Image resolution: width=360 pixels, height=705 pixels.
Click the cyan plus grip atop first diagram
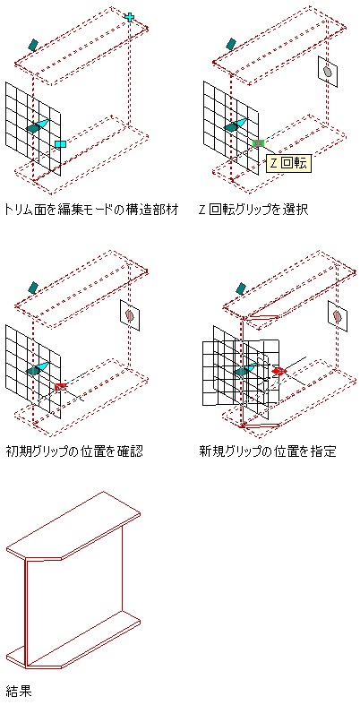[130, 17]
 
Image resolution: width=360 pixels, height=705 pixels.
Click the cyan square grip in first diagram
[61, 144]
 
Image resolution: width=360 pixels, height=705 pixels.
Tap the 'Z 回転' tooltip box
[289, 163]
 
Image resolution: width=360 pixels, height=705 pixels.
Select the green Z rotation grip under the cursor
[258, 143]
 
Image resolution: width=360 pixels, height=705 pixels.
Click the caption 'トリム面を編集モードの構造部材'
[90, 209]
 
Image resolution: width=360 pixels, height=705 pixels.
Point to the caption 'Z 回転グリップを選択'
[253, 209]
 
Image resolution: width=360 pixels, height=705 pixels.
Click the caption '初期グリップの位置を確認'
[74, 451]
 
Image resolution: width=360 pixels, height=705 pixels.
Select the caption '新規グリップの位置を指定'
[268, 451]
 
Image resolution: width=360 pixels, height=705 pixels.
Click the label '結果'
[19, 691]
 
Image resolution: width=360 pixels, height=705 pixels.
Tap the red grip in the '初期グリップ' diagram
[61, 386]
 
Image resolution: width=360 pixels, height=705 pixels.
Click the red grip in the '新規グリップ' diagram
[279, 371]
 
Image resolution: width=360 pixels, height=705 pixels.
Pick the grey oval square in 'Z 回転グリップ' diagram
[328, 72]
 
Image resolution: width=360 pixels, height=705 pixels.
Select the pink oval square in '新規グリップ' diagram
[337, 316]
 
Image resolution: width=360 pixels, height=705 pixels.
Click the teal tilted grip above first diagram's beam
[33, 44]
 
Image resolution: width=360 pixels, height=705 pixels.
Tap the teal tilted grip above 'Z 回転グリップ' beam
[230, 44]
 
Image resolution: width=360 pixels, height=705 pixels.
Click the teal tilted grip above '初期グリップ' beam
[32, 288]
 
